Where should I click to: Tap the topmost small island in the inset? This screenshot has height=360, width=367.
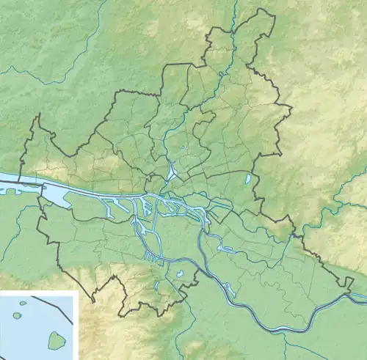[22, 302]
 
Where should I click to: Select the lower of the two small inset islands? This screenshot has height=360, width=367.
[17, 315]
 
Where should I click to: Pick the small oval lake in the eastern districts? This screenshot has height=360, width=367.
[250, 178]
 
